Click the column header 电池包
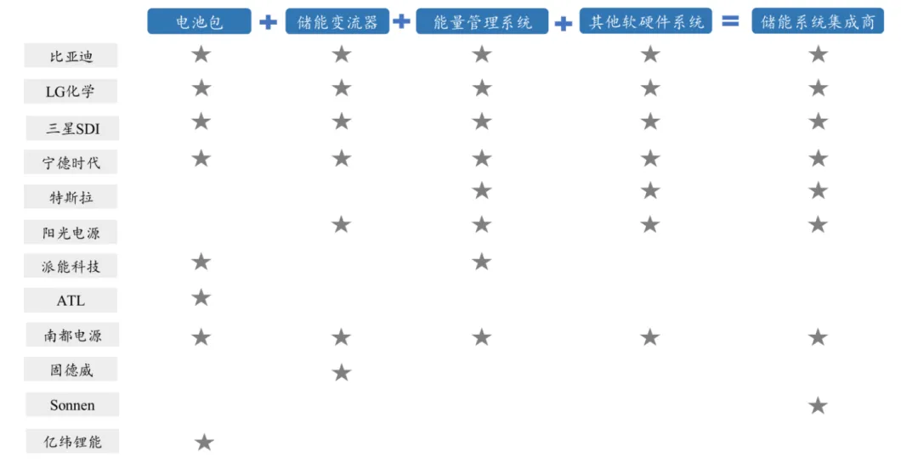pos(199,21)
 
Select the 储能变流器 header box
pos(337,21)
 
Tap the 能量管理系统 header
pos(482,21)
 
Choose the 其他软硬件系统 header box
pos(647,21)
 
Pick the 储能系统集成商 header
pos(818,21)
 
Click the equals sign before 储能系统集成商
pos(730,21)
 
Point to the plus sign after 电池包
pos(268,22)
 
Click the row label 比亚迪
pos(71,57)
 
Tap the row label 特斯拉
pos(71,197)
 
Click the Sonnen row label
pos(72,405)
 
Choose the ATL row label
pos(71,301)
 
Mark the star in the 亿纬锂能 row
pos(204,442)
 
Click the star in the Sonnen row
pos(818,405)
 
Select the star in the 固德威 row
pos(341,372)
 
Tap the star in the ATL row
pos(201,297)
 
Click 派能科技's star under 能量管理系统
pos(482,261)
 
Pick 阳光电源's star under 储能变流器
pos(341,224)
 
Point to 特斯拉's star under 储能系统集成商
pos(818,190)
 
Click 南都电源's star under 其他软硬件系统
pos(650,337)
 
